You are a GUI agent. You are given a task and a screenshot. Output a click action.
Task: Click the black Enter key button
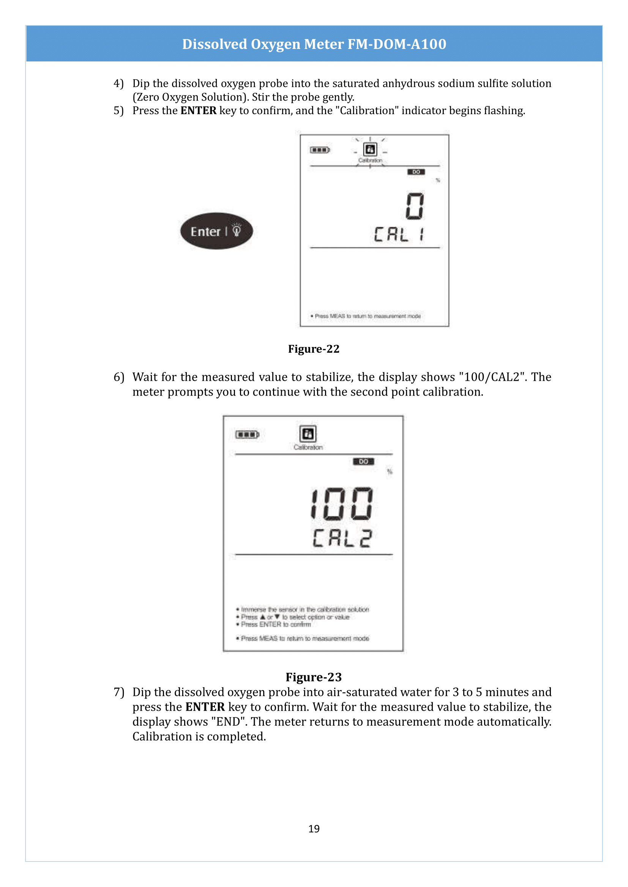pyautogui.click(x=216, y=231)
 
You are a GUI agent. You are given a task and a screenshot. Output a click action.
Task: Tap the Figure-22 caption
pyautogui.click(x=314, y=349)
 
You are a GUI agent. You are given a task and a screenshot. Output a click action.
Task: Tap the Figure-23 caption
pyautogui.click(x=314, y=677)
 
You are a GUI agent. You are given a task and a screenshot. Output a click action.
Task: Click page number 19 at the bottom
pyautogui.click(x=314, y=829)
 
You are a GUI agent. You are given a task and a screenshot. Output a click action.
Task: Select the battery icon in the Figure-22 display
pyautogui.click(x=320, y=150)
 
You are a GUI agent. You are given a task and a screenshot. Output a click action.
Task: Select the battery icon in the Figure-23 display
pyautogui.click(x=247, y=435)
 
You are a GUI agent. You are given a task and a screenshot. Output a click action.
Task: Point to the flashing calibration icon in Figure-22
pyautogui.click(x=370, y=149)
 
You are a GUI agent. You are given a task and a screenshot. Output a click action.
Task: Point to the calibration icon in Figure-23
pyautogui.click(x=308, y=433)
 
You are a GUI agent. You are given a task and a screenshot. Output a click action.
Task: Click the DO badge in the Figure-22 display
pyautogui.click(x=416, y=172)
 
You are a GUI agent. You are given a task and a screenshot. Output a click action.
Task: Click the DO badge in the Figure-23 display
pyautogui.click(x=363, y=461)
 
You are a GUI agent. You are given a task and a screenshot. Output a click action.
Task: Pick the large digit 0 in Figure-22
pyautogui.click(x=415, y=206)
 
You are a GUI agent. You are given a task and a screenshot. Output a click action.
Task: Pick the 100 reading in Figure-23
pyautogui.click(x=342, y=503)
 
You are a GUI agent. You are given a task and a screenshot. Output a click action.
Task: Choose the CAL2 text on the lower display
pyautogui.click(x=342, y=538)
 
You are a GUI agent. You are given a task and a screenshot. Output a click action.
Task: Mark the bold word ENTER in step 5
pyautogui.click(x=198, y=111)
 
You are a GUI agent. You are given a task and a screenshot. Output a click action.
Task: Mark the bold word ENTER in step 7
pyautogui.click(x=205, y=707)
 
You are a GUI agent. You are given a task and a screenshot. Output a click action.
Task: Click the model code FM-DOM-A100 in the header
pyautogui.click(x=397, y=44)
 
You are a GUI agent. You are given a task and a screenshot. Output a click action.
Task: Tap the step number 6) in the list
pyautogui.click(x=118, y=377)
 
